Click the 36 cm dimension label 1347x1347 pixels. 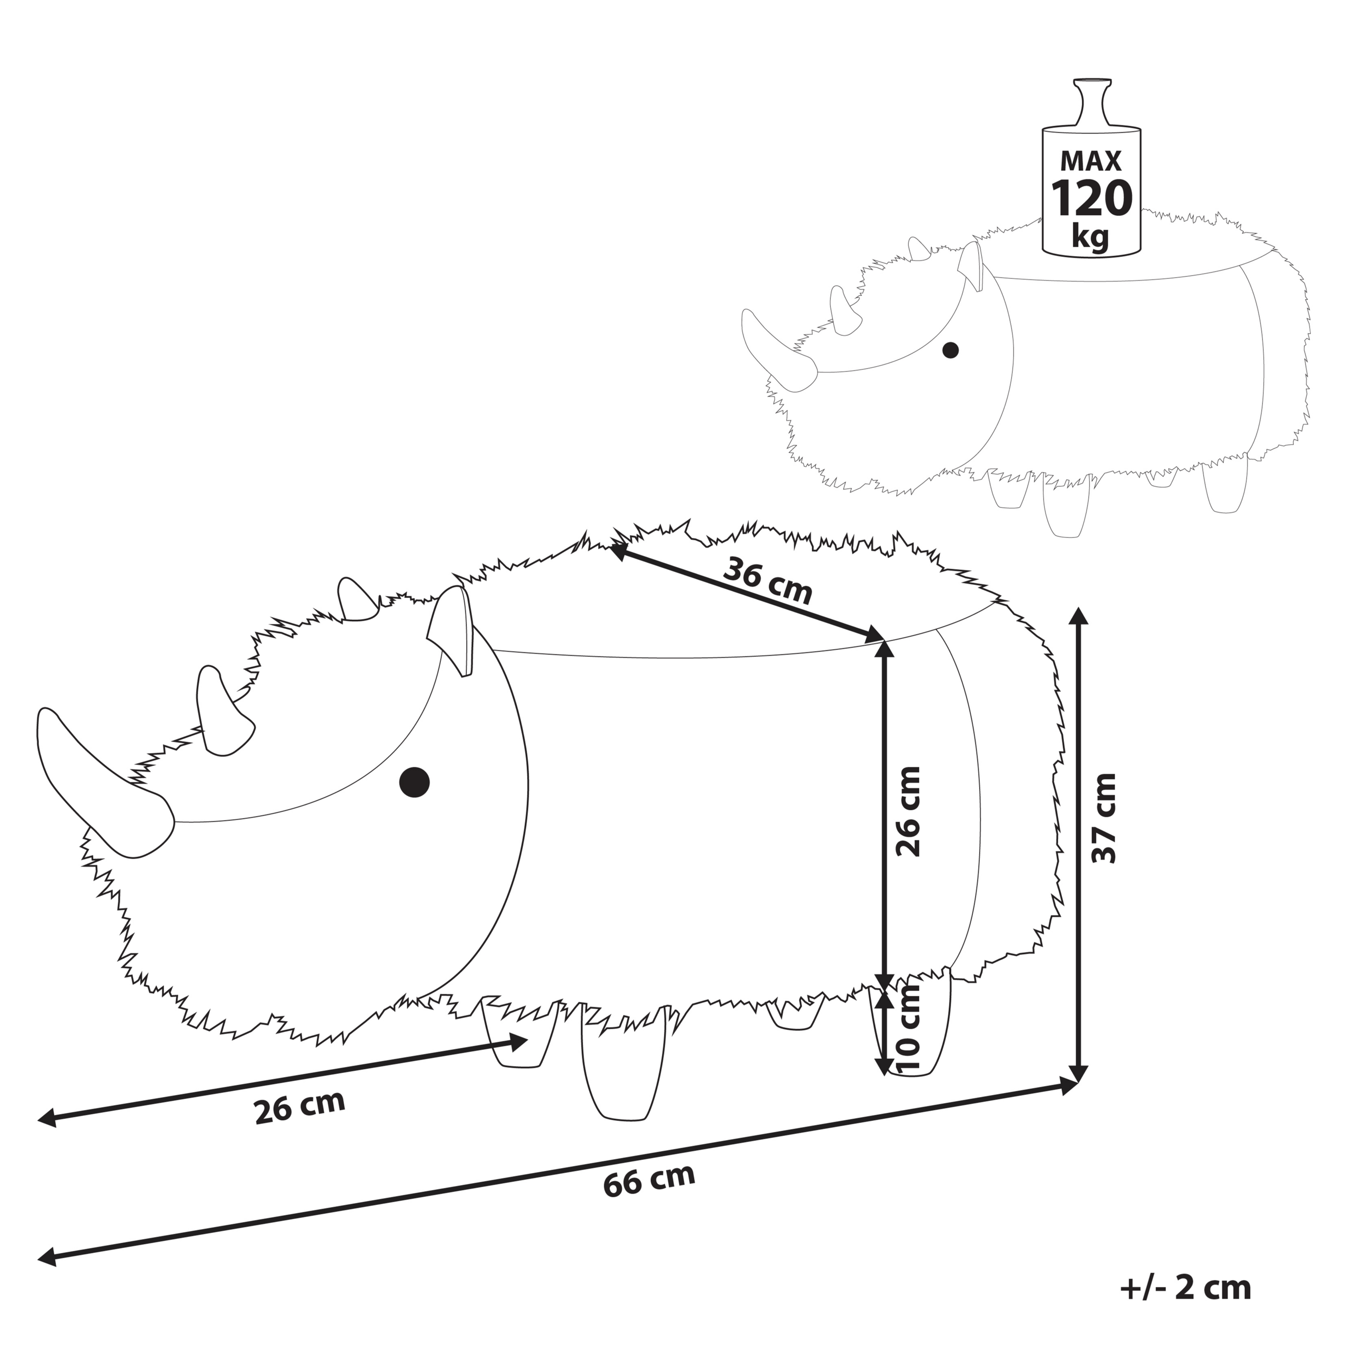click(x=768, y=582)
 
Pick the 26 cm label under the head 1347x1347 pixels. click(x=300, y=1107)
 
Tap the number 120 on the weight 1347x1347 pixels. click(x=1091, y=199)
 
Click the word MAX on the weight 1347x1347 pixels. click(x=1091, y=161)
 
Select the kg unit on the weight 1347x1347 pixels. click(x=1090, y=237)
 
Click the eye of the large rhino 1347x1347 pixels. click(x=414, y=781)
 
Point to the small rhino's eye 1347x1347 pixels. click(x=950, y=350)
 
